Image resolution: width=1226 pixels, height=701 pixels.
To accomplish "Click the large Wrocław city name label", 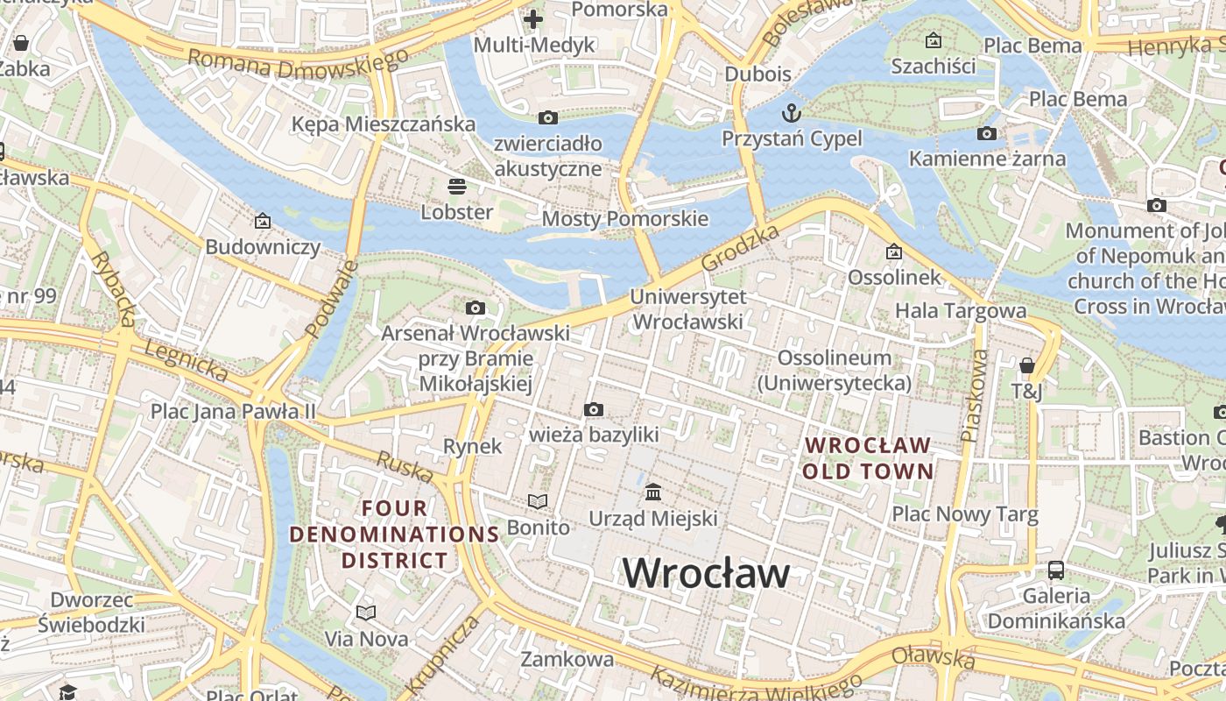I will pos(706,574).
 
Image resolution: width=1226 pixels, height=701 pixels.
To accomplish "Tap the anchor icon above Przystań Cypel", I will pos(792,113).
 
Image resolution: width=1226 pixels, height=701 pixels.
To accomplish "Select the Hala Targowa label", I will pos(961,310).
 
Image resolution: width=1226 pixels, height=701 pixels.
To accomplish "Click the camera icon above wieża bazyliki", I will pos(594,409).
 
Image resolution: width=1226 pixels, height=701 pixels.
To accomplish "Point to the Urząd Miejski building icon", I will pos(653,492).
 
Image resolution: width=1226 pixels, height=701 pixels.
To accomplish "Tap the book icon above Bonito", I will pos(538,501).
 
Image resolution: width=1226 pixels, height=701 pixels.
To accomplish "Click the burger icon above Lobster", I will pos(456,186).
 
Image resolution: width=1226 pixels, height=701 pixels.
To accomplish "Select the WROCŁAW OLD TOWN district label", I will pos(868,457).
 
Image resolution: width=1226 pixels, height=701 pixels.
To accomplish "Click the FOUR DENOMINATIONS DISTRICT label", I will pos(394,534).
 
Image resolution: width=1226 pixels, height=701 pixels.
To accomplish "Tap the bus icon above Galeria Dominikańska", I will pos(1056,570).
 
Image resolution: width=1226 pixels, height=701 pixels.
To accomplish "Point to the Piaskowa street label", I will pos(974,395).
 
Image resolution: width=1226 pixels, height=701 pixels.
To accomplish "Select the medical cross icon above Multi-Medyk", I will pos(533,18).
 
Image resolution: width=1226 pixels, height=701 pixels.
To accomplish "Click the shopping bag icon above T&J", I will pos(1027,365).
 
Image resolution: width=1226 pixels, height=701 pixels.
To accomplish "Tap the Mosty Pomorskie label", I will pos(625,218).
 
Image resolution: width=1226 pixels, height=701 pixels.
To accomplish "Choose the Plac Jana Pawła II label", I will pos(233,411).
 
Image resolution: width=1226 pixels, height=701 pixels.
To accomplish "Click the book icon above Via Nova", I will pos(366,612).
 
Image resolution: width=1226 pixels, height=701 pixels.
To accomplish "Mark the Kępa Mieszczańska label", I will pos(384,124).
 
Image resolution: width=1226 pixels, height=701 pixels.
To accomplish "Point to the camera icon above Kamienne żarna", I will pos(987,133).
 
